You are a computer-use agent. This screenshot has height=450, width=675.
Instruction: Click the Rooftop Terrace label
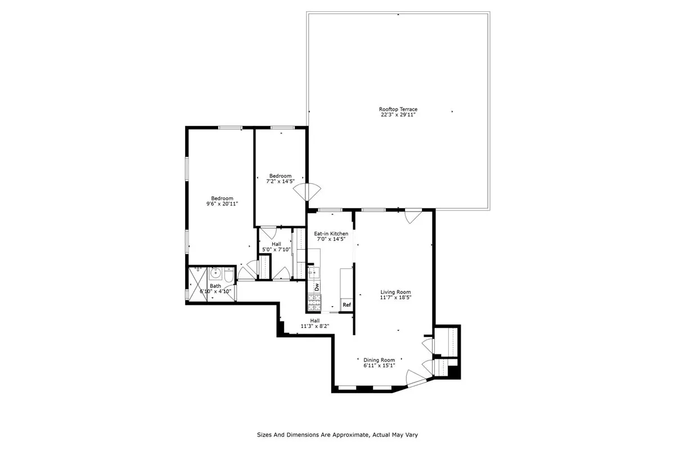[x=398, y=109]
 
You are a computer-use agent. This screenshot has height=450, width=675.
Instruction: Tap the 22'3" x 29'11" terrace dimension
[x=398, y=115]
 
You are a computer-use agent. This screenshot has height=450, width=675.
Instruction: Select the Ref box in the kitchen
[x=346, y=305]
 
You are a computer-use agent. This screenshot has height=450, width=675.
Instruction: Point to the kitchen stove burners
[x=314, y=304]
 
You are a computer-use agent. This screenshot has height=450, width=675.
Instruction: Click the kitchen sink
[x=313, y=272]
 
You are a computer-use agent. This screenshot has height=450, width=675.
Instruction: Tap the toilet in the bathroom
[x=228, y=276]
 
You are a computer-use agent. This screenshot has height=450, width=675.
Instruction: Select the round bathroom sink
[x=214, y=276]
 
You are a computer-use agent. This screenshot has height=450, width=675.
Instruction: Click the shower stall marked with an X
[x=197, y=279]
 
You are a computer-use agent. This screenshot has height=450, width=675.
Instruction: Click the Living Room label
[x=395, y=292]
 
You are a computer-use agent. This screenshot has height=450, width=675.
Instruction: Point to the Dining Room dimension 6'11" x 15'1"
[x=379, y=366]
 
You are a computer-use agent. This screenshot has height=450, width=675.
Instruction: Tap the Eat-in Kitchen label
[x=331, y=233]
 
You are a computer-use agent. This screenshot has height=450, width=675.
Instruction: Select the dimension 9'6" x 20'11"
[x=222, y=204]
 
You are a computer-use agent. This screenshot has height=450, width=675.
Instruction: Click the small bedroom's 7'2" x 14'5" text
[x=280, y=182]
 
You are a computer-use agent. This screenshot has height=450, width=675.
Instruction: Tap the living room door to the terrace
[x=412, y=215]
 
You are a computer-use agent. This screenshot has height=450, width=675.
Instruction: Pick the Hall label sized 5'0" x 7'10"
[x=272, y=250]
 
